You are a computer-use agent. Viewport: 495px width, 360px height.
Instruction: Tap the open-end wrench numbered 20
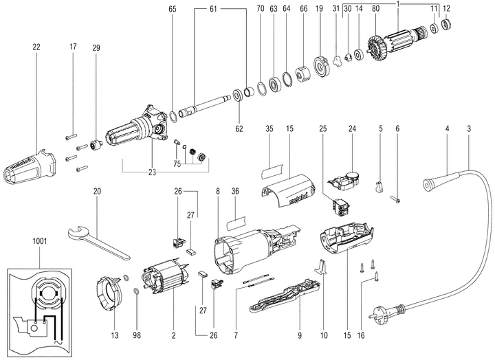click(x=96, y=237)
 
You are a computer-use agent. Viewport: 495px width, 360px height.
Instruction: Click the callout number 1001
click(x=39, y=242)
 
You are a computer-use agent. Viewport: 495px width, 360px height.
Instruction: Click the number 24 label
click(x=351, y=128)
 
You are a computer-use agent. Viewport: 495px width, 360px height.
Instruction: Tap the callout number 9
click(x=299, y=336)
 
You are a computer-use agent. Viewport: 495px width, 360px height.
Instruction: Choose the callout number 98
click(x=136, y=336)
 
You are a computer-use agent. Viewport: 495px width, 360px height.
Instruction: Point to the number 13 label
click(x=115, y=336)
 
